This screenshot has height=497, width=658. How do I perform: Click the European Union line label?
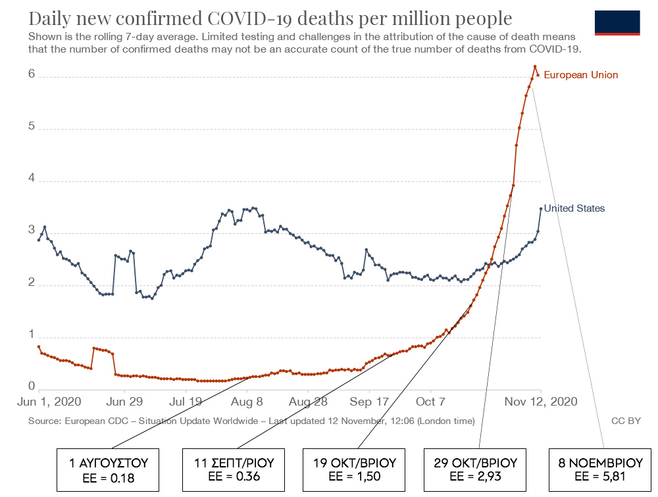click(x=581, y=75)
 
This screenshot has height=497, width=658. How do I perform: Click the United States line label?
click(x=574, y=208)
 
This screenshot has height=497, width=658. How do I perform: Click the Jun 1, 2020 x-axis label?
click(x=49, y=402)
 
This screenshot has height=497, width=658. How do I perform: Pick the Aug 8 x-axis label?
click(x=247, y=402)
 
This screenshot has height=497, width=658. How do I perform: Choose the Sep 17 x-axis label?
click(x=369, y=402)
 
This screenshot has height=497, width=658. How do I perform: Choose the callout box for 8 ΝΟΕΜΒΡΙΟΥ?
click(x=600, y=470)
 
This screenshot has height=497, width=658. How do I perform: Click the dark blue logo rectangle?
click(x=617, y=22)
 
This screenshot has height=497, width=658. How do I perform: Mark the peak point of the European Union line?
click(x=535, y=66)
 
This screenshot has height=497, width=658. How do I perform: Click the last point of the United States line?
click(x=541, y=209)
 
